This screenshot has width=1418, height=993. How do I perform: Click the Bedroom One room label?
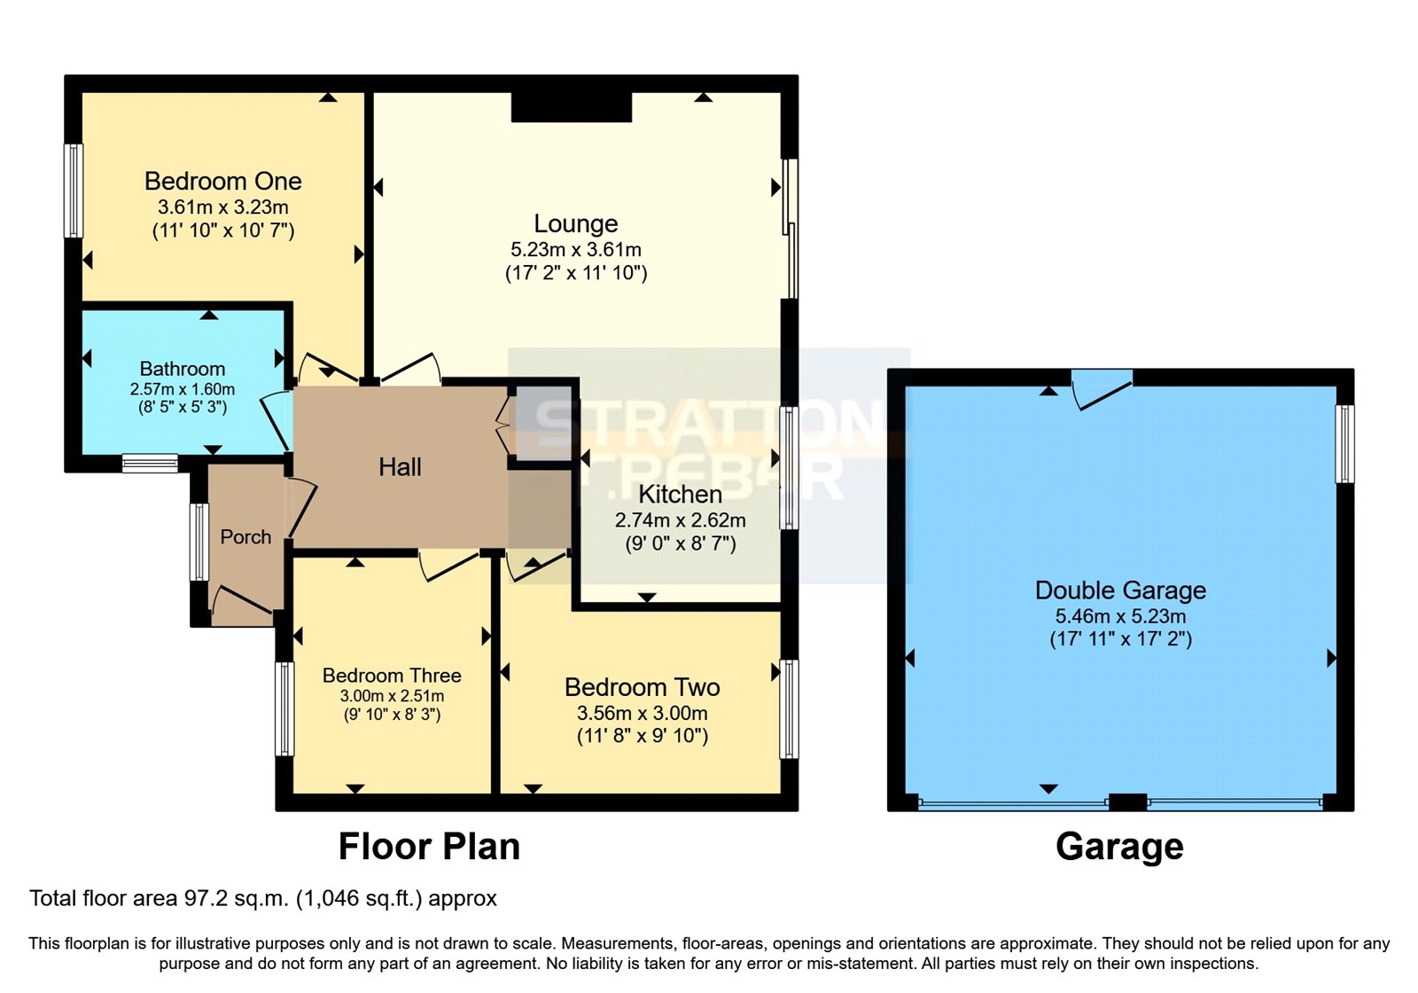222,182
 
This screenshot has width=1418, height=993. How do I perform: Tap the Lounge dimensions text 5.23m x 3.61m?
576,250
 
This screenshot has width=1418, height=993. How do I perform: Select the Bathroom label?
183,369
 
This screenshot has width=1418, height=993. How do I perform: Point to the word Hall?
400,467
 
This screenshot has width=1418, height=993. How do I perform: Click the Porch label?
245,537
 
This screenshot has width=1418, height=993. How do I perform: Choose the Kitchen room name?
680,495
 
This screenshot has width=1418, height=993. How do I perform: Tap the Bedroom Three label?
392,676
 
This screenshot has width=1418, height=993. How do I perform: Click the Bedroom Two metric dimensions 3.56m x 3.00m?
642,713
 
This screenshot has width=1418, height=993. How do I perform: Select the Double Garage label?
1120,590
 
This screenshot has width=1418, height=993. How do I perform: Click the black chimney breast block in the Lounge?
572,106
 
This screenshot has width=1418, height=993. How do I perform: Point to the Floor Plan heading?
429,847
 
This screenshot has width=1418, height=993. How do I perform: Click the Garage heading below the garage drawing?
1119,847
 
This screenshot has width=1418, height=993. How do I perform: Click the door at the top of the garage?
1102,388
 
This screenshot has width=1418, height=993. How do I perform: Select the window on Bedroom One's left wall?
74,191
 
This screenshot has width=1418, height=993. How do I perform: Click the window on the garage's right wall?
1344,443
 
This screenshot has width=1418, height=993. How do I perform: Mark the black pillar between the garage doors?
1127,802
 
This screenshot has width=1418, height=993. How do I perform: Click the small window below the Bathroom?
150,463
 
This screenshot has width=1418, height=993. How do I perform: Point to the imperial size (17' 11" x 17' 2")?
1120,639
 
